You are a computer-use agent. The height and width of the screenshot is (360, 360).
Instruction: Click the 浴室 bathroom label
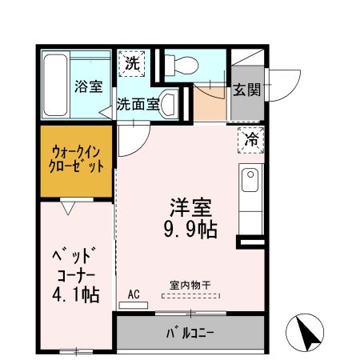pos(87,86)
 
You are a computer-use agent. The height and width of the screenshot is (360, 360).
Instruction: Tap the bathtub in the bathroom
pos(56,86)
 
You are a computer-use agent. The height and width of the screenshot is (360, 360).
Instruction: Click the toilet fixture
pos(176,65)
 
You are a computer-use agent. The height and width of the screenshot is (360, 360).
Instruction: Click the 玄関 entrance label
pos(246,90)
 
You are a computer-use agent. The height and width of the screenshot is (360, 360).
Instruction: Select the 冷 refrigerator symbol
pos(251,140)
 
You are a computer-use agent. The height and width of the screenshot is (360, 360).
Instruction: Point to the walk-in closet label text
pos(78,159)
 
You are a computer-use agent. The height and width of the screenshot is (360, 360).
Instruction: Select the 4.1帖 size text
pos(77,294)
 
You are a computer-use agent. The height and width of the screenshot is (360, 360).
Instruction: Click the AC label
pos(134,294)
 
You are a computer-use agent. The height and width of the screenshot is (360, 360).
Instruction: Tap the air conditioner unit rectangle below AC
pos(134,304)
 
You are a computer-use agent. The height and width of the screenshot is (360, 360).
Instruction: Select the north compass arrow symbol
pos(308,332)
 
